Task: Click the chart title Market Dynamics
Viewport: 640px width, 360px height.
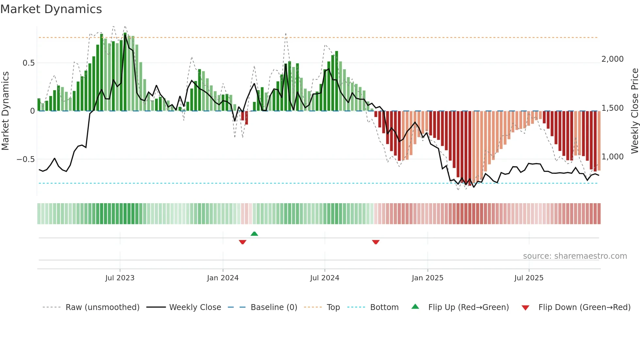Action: click(x=51, y=9)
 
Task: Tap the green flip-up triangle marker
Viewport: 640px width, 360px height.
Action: click(x=254, y=234)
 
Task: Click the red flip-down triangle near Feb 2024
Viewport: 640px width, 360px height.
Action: click(x=243, y=242)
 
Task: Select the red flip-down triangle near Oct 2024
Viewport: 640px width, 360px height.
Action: click(x=376, y=242)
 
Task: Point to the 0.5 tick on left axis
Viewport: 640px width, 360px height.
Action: click(x=28, y=63)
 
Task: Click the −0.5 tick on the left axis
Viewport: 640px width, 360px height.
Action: click(x=25, y=159)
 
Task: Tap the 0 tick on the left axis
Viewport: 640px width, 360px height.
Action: click(x=32, y=111)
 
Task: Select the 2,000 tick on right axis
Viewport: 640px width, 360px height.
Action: click(x=612, y=59)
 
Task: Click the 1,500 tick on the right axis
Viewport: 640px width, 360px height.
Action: click(x=612, y=108)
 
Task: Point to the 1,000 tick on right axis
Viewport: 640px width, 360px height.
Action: click(x=612, y=157)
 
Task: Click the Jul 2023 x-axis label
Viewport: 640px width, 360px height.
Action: click(x=120, y=278)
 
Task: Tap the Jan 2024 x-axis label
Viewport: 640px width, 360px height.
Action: click(x=223, y=278)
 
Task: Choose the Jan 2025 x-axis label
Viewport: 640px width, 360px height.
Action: click(x=427, y=278)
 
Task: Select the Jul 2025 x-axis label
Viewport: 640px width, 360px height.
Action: click(x=529, y=278)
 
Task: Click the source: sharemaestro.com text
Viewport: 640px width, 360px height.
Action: click(x=575, y=256)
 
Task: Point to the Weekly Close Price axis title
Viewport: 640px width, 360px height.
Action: click(x=634, y=111)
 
